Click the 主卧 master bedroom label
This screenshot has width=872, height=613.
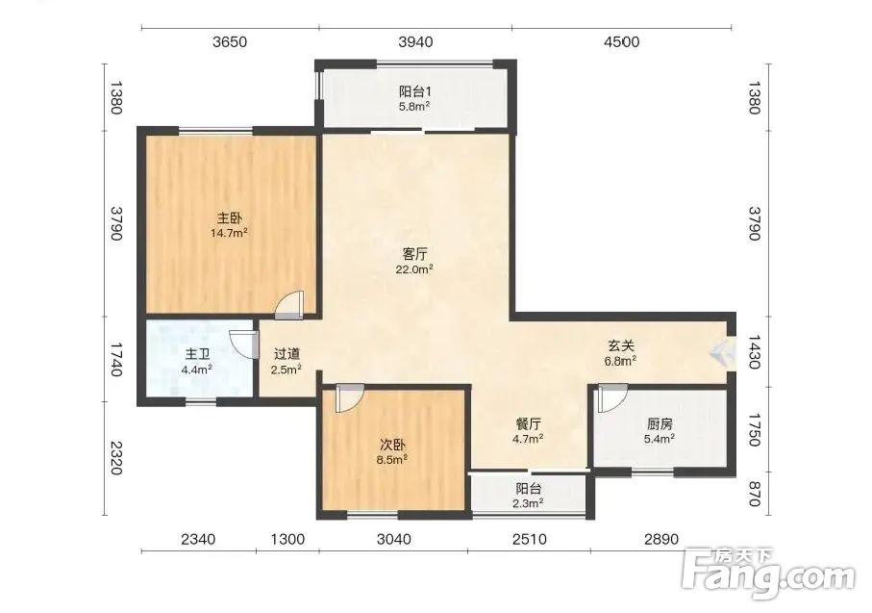(x=229, y=217)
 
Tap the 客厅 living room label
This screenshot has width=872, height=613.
(x=414, y=254)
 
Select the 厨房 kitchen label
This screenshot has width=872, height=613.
(x=660, y=424)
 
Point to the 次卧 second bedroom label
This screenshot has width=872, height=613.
(x=392, y=445)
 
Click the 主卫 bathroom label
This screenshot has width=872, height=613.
(x=197, y=354)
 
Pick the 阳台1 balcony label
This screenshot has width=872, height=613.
(x=415, y=91)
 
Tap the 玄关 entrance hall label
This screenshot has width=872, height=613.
(x=621, y=345)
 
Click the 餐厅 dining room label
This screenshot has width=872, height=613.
(x=528, y=424)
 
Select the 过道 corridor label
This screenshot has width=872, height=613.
(x=287, y=353)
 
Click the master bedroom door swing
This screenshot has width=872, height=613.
(x=289, y=305)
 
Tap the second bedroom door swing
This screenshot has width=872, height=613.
(x=349, y=398)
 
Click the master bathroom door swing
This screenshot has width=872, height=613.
(x=244, y=345)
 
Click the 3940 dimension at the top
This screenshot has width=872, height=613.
(x=416, y=41)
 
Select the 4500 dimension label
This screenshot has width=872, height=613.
(x=622, y=41)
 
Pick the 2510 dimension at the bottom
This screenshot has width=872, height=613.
(x=530, y=539)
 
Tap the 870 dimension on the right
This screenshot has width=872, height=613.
(x=754, y=494)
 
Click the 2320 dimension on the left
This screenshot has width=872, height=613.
(x=115, y=458)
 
